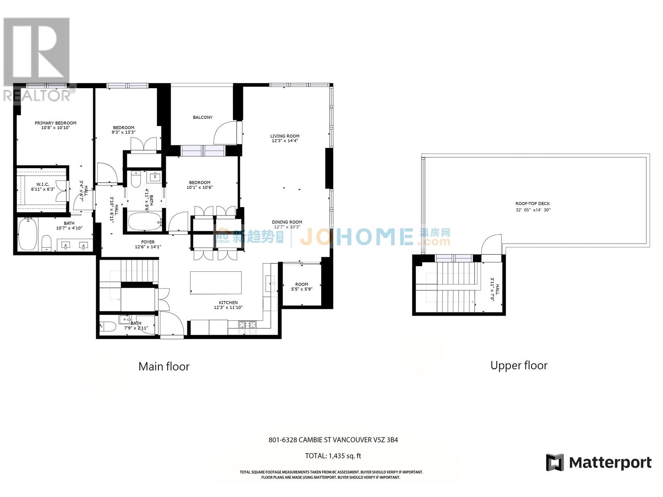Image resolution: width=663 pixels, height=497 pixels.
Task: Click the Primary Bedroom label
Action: tap(56, 123)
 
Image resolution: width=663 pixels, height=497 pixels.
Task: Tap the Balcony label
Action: tap(203, 118)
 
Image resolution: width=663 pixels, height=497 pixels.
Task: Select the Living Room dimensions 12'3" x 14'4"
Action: tap(285, 141)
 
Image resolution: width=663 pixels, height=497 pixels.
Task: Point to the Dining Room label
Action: tap(287, 222)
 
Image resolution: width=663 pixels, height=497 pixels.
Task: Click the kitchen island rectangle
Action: tap(216, 283)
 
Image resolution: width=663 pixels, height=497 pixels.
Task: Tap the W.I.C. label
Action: tap(43, 184)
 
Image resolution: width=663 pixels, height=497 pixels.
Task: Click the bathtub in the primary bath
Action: tap(28, 234)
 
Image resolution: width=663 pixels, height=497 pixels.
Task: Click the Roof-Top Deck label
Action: tap(532, 204)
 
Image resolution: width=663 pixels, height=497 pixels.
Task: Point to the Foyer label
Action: tap(148, 242)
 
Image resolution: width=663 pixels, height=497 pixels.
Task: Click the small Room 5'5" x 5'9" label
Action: tap(302, 285)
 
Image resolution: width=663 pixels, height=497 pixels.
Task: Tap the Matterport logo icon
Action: tap(555, 463)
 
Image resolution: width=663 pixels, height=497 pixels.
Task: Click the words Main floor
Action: tap(164, 367)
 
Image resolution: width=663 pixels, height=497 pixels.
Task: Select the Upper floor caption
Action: tap(519, 366)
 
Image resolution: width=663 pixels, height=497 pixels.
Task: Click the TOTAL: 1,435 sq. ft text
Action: tap(333, 456)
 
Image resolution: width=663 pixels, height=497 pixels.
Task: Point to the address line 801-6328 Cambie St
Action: tap(333, 440)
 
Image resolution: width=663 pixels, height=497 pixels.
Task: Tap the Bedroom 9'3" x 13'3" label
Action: tap(123, 128)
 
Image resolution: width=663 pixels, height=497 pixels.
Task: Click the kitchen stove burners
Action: tap(247, 327)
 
